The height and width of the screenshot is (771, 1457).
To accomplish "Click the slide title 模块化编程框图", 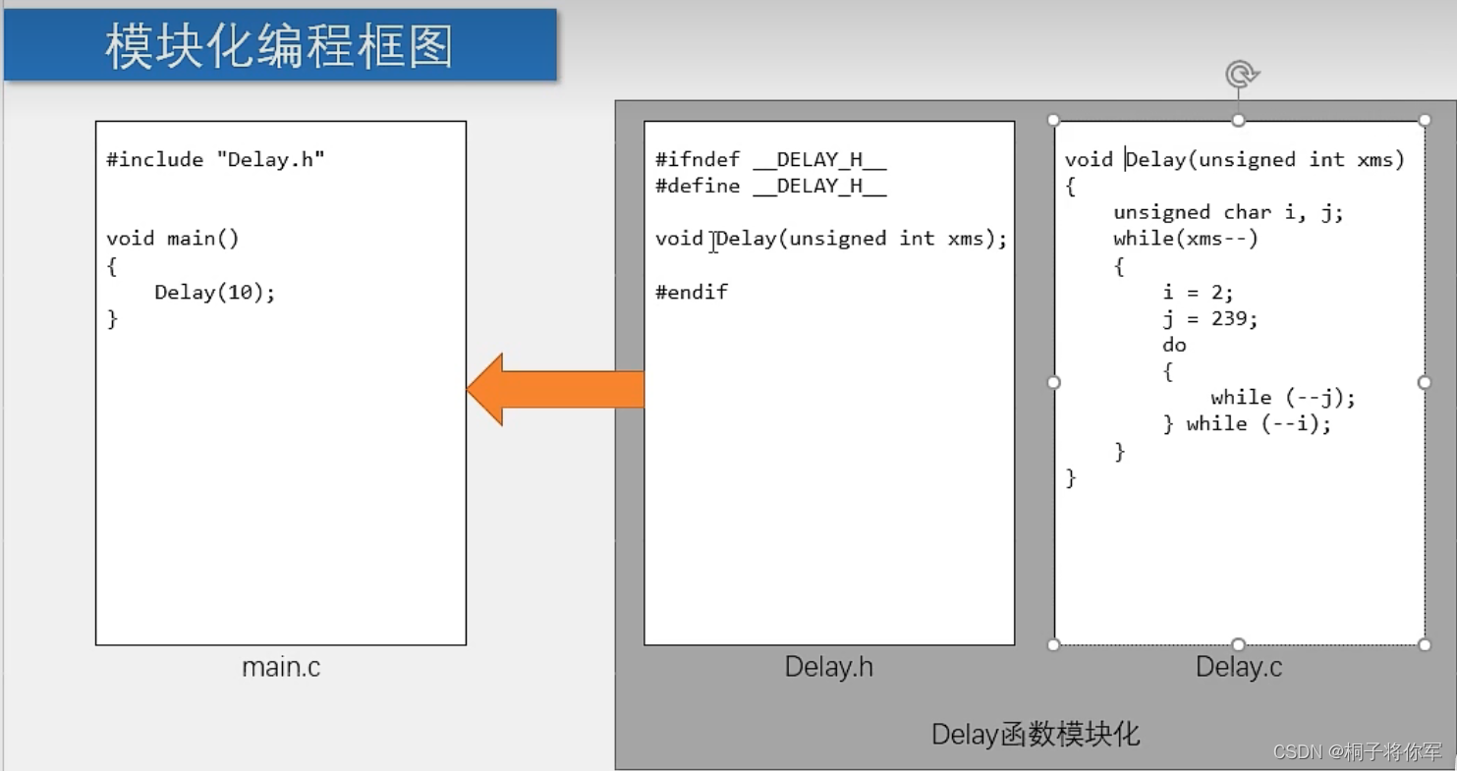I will pos(279,46).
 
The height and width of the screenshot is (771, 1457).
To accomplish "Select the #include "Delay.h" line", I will pos(215,159).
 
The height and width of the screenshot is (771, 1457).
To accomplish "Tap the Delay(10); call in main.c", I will pos(214,292).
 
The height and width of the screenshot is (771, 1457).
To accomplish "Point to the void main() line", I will pos(173,238).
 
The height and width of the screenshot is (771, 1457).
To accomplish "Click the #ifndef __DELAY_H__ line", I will pos(771,159).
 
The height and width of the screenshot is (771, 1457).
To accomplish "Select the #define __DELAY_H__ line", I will pos(771,186).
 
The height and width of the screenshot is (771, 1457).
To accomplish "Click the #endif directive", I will pos(692,292).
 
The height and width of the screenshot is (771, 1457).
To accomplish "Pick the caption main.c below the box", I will pos(281,668).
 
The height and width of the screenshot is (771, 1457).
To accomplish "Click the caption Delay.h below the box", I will pos(829,668).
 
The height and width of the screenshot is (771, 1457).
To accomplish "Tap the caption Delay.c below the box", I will pos(1239,668).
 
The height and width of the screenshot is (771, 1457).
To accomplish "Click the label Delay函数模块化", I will pos(1036,734).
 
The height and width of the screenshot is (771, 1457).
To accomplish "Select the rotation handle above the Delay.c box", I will pos(1241,75).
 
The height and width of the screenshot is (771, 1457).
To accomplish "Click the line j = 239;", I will pos(1209,318).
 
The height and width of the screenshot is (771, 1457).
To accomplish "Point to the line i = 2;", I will pos(1198,292).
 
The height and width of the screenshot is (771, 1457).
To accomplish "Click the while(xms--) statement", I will pos(1186,239).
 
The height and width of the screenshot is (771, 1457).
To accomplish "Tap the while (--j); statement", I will pos(1282,398).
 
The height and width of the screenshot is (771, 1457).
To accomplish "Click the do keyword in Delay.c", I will pos(1174,345).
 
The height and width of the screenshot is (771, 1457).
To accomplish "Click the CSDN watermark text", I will pos(1357,752).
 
